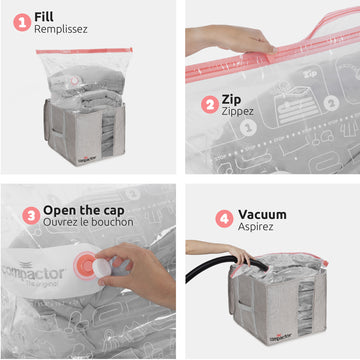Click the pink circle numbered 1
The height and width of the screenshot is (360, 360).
22,22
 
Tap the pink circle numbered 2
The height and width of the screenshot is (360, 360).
210,105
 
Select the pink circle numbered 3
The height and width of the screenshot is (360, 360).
31,216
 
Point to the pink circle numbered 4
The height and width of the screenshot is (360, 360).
224,219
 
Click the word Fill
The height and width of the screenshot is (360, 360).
44,17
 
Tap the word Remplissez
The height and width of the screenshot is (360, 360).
61,29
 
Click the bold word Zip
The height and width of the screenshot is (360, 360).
231,99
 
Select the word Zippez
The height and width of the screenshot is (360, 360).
238,111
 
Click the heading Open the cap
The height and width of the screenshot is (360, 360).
84,210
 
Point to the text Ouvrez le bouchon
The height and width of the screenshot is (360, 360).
88,222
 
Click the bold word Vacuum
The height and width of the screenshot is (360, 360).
262,214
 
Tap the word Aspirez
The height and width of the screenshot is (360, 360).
256,227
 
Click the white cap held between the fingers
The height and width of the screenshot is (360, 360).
102,268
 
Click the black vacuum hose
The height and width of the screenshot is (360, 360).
213,268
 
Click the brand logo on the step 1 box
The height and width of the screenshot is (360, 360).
88,160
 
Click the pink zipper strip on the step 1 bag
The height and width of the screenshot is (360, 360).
84,51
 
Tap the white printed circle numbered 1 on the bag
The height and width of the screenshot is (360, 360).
248,128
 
